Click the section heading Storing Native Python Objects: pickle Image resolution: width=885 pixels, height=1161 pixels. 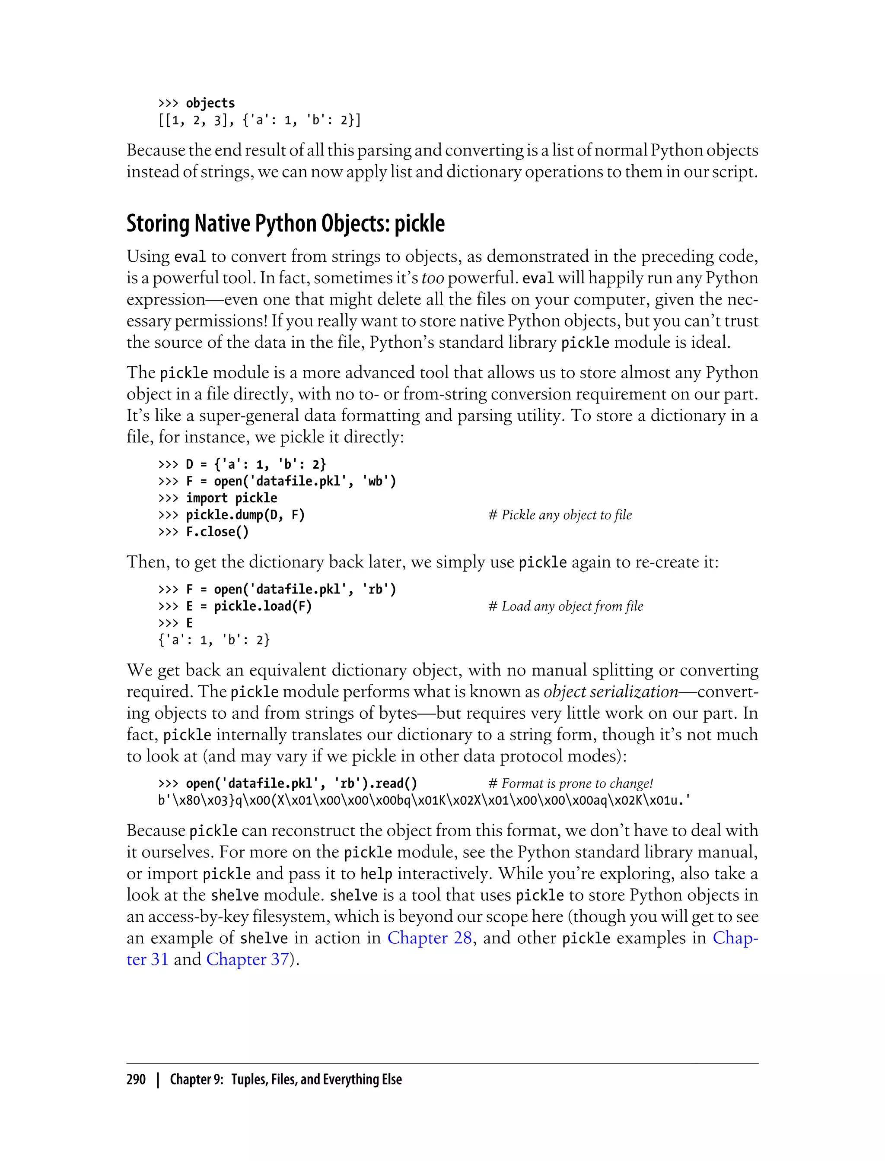[286, 224]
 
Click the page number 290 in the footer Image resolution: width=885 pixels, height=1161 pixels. [136, 1079]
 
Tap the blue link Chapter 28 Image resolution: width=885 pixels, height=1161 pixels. [430, 938]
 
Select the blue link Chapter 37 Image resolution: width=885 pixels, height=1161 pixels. [248, 959]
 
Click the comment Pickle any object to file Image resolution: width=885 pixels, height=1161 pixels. [560, 515]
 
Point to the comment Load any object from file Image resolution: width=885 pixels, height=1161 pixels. [566, 606]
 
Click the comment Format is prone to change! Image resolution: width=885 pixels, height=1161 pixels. [570, 784]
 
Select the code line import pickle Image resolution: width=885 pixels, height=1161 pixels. [231, 498]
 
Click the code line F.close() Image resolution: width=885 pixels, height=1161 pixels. [217, 532]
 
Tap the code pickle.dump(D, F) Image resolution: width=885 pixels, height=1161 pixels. [245, 515]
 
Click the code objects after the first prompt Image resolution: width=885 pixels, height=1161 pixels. [210, 103]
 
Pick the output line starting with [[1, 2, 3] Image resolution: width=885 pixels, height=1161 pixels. [259, 121]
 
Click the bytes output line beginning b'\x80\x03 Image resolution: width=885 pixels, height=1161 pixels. [424, 800]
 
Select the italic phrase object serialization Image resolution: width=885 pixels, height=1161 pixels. [611, 692]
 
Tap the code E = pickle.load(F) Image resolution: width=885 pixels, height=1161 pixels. [248, 606]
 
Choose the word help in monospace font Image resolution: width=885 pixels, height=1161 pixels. [376, 874]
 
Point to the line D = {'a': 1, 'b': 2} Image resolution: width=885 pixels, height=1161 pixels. [256, 464]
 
